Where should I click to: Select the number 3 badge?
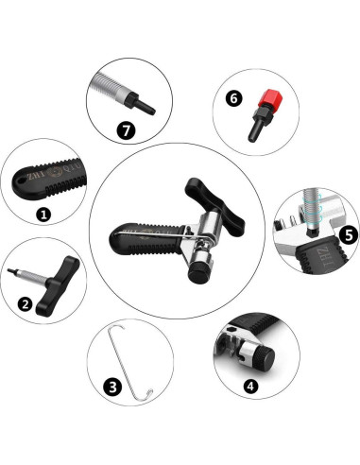point(112,386)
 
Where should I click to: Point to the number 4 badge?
point(249,386)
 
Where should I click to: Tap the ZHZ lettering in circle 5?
point(334,265)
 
